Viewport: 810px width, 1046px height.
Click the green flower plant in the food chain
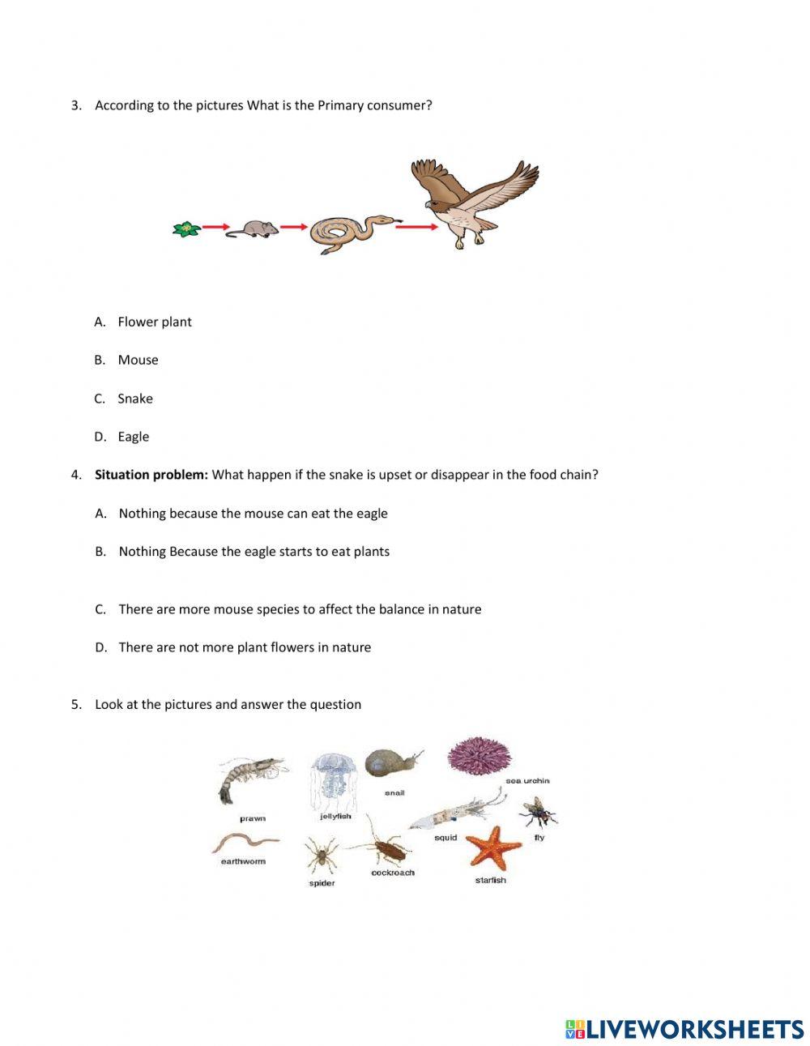click(186, 229)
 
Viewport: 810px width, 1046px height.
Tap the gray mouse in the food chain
click(253, 228)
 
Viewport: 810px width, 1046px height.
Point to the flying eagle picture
click(474, 203)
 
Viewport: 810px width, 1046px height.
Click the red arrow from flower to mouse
click(215, 228)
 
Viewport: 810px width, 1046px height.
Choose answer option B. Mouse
click(138, 360)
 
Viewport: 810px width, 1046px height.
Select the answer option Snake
click(134, 399)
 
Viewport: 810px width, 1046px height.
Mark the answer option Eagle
click(133, 437)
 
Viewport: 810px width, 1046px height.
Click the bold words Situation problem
click(151, 475)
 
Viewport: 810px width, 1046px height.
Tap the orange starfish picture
click(495, 847)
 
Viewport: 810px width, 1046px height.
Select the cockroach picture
click(386, 848)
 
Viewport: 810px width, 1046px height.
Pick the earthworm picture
click(244, 843)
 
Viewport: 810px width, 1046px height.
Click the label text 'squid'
click(446, 838)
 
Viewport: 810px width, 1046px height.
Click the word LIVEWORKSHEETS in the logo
click(694, 1029)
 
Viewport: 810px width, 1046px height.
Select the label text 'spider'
click(322, 883)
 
